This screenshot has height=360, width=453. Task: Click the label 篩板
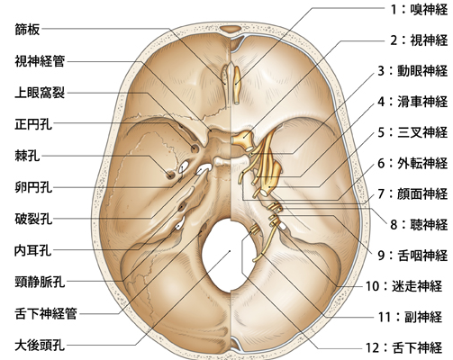tap(27, 30)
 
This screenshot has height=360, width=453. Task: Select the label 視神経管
tap(40, 61)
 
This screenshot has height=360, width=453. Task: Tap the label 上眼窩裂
tap(40, 93)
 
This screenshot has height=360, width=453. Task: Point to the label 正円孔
tap(33, 124)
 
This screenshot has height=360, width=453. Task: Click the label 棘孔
tap(27, 156)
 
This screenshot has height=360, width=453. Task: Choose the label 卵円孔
tap(33, 187)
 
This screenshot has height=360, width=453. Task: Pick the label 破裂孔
tap(33, 219)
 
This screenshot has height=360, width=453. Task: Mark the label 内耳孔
tap(33, 250)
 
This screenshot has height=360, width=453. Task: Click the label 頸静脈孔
tap(40, 282)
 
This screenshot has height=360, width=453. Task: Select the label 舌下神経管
tap(46, 314)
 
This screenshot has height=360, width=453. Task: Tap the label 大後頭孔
tap(40, 345)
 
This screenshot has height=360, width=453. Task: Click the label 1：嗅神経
tap(419, 10)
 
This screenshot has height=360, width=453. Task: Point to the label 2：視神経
tap(419, 40)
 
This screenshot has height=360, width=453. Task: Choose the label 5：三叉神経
tap(412, 132)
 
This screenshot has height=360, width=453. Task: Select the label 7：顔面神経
tap(412, 193)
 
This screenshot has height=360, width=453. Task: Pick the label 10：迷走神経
tap(404, 286)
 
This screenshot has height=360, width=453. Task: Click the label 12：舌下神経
tap(404, 347)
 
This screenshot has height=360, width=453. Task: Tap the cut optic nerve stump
tap(243, 140)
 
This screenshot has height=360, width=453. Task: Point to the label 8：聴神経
tap(419, 224)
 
